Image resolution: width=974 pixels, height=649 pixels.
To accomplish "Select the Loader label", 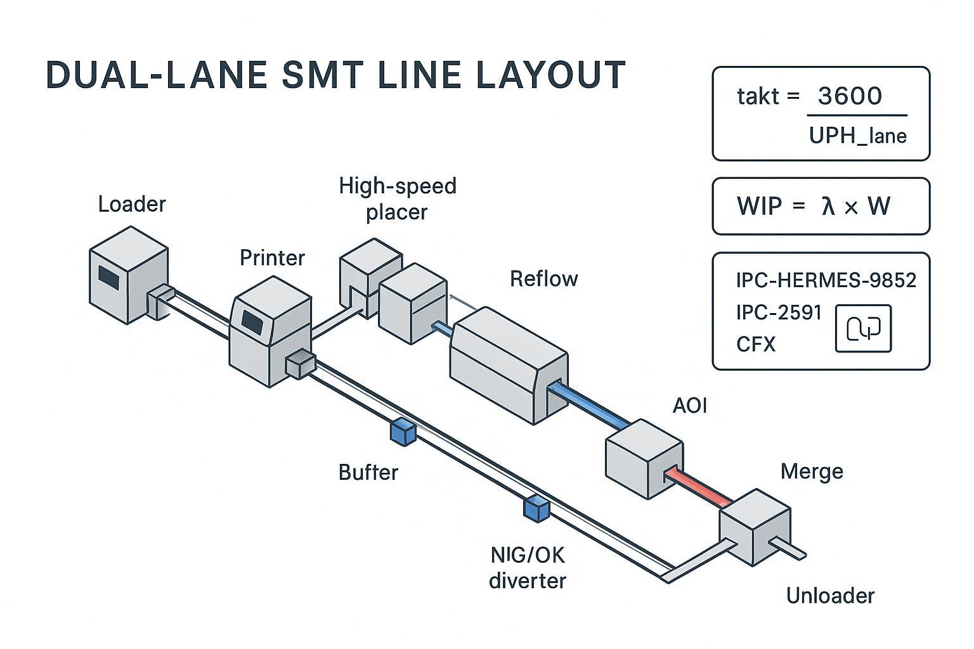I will pyautogui.click(x=132, y=204).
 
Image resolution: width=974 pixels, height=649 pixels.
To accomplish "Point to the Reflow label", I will pyautogui.click(x=544, y=279).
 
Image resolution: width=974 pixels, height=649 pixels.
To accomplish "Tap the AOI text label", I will pyautogui.click(x=689, y=405).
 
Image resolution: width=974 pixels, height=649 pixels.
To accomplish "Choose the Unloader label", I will pyautogui.click(x=830, y=596).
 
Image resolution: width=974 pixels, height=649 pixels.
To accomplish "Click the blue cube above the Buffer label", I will pyautogui.click(x=403, y=432).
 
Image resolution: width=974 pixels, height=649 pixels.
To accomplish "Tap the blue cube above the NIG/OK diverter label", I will pyautogui.click(x=536, y=508).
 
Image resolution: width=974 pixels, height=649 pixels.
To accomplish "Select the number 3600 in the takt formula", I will pyautogui.click(x=850, y=96).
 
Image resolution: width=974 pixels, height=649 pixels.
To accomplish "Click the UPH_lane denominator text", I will pyautogui.click(x=857, y=136).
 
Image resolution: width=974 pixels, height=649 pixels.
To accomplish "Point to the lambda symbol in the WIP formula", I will pyautogui.click(x=828, y=207).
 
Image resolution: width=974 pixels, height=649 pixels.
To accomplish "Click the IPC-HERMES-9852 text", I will pyautogui.click(x=826, y=280).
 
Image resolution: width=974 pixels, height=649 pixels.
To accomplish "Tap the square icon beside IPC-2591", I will pyautogui.click(x=863, y=328).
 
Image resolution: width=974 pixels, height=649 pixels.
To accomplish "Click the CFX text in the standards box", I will pyautogui.click(x=756, y=344).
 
